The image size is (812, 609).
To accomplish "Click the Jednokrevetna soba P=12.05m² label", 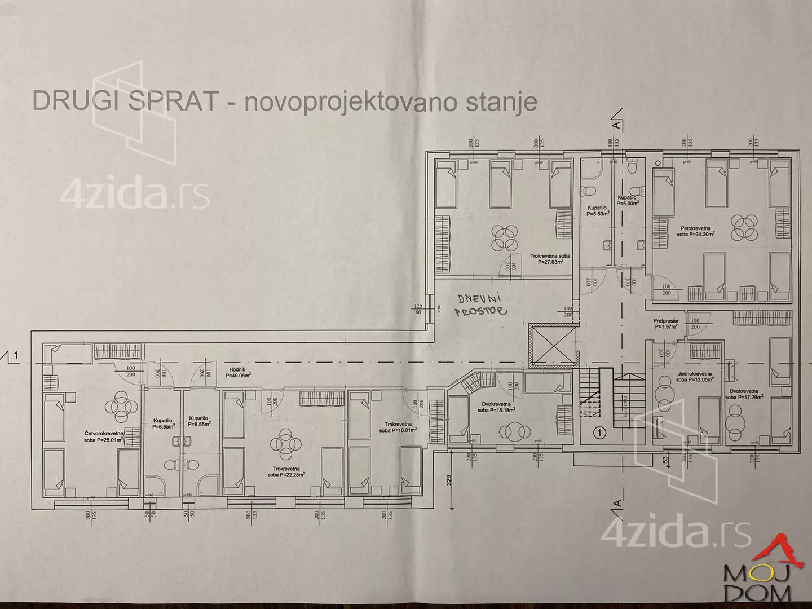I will tap(695, 377).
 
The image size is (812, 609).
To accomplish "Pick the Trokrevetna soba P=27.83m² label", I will tap(550, 258).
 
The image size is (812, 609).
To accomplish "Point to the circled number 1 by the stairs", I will tap(599, 433).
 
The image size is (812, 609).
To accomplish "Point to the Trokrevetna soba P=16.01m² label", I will tap(398, 427).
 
